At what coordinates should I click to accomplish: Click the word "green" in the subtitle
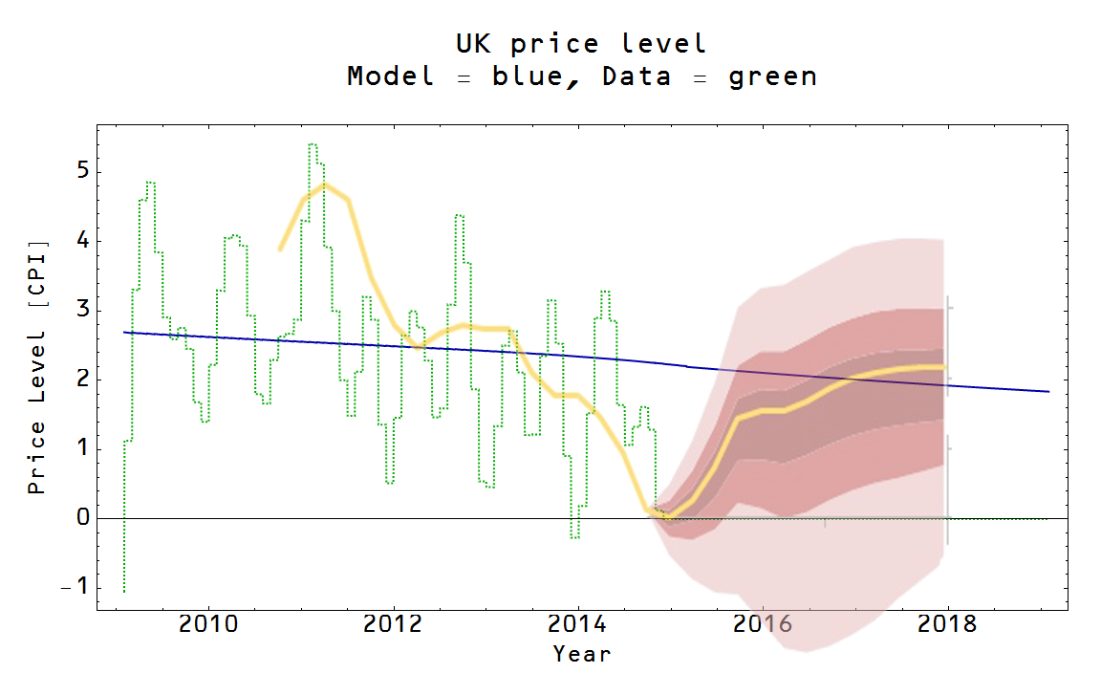[x=772, y=76]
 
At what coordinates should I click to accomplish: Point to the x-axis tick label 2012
[x=393, y=624]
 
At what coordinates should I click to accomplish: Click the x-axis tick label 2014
[x=578, y=624]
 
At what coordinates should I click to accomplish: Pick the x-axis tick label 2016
[x=763, y=624]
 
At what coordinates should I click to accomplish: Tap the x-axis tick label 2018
[x=948, y=624]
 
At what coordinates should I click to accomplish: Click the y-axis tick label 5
[x=81, y=172]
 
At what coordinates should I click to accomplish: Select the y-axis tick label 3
[x=81, y=311]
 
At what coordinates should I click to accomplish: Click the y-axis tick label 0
[x=81, y=518]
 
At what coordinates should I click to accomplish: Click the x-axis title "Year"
[x=581, y=655]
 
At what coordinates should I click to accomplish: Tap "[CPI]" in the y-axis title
[x=37, y=267]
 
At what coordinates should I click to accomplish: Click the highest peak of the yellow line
[x=325, y=185]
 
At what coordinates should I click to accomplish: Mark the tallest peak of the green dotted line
[x=313, y=144]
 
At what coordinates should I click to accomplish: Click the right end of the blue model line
[x=1048, y=392]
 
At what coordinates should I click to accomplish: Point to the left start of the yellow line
[x=280, y=249]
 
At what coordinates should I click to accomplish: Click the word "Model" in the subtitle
[x=390, y=76]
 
